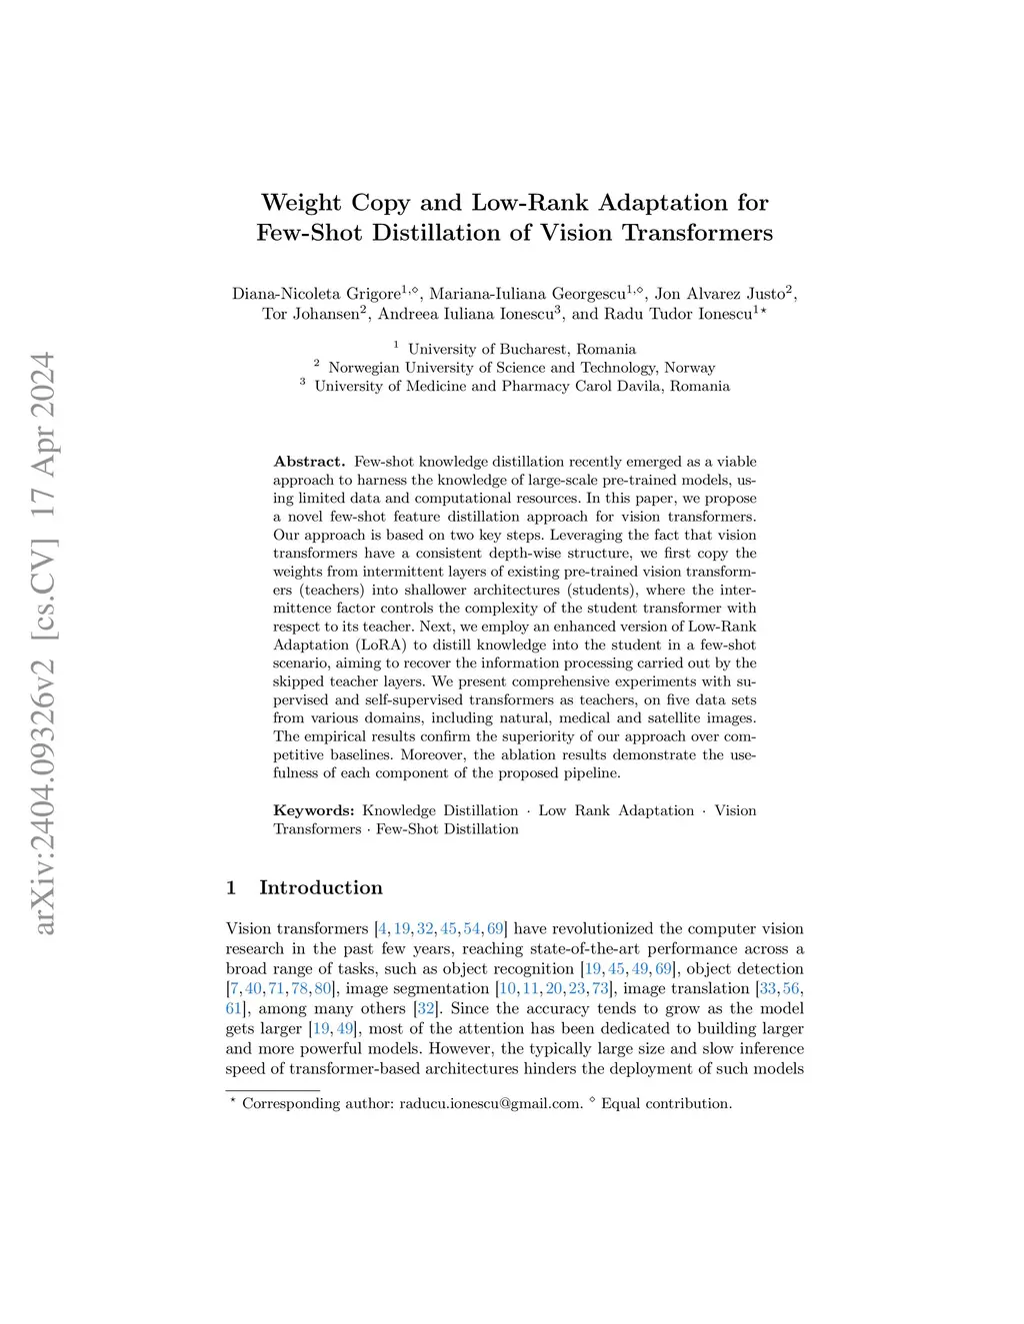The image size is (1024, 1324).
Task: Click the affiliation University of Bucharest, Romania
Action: [521, 349]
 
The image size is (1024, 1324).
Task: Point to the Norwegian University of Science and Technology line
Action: [521, 368]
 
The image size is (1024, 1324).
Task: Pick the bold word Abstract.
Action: [309, 462]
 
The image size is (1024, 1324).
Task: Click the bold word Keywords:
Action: [313, 810]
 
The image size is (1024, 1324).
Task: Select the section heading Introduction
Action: [320, 887]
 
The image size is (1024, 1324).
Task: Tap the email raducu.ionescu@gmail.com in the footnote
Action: [490, 1103]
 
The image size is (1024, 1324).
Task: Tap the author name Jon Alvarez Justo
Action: [719, 294]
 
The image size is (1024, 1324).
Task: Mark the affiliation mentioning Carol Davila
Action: [521, 386]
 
